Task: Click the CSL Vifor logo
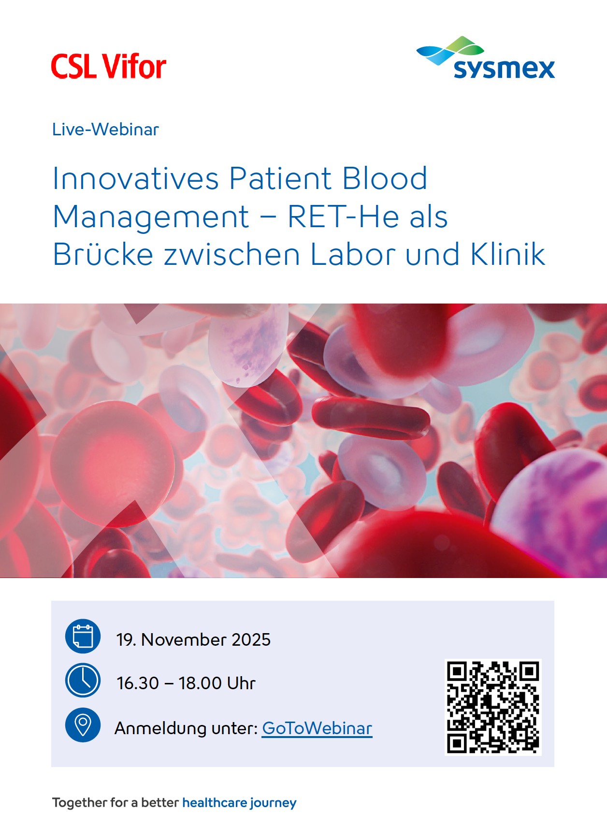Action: tap(109, 66)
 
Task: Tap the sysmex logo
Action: tap(486, 58)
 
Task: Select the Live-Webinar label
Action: tap(105, 130)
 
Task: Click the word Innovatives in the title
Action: tap(136, 178)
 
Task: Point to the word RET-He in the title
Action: tap(343, 217)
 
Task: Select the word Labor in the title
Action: tap(353, 254)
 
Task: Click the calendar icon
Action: tap(83, 637)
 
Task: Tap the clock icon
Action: tap(83, 680)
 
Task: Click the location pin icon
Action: tap(83, 725)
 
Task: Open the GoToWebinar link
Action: tap(317, 728)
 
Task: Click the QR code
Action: tap(493, 707)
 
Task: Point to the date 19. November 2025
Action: tap(193, 639)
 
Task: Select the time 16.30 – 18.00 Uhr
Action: tap(186, 683)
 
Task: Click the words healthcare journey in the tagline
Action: tap(239, 803)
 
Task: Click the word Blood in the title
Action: tap(385, 178)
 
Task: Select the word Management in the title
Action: tap(151, 217)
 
